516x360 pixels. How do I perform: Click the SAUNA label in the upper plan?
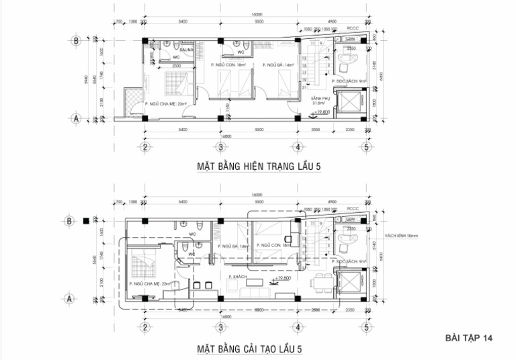tap(186, 50)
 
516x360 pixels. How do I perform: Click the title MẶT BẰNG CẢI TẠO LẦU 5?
tap(249, 349)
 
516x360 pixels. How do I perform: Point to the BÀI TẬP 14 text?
tap(469, 338)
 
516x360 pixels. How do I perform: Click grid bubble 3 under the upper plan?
tap(220, 146)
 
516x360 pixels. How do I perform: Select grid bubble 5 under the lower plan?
tap(366, 327)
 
